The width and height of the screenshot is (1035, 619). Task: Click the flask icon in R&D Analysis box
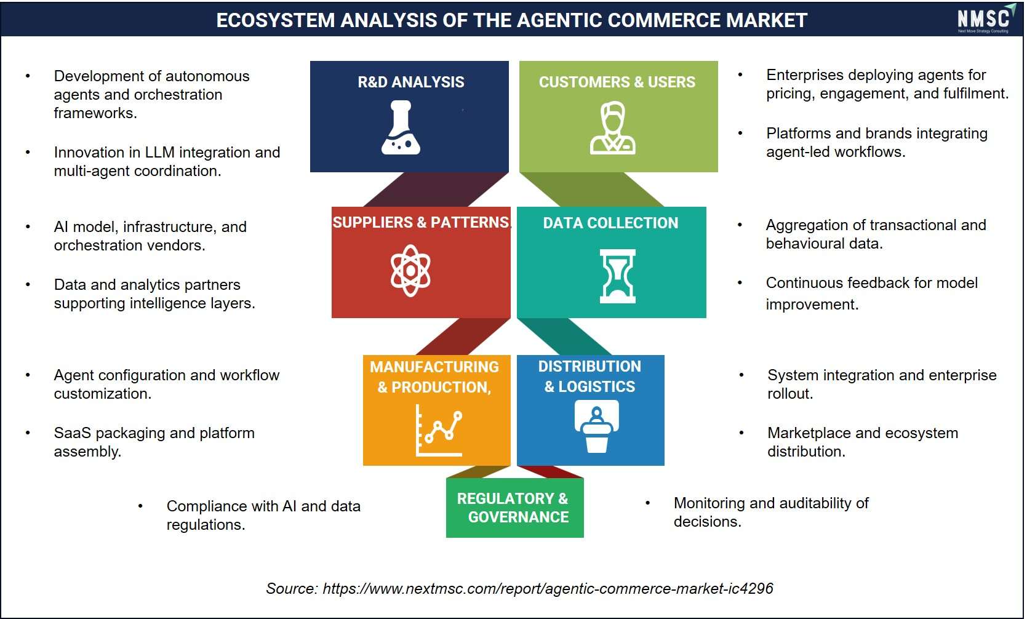click(x=401, y=127)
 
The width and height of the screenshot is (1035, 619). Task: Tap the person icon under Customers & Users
click(x=613, y=127)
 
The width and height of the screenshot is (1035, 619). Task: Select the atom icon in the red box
click(x=410, y=270)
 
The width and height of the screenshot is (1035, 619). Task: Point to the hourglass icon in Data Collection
click(x=617, y=276)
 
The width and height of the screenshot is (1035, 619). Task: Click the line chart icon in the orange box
click(x=439, y=431)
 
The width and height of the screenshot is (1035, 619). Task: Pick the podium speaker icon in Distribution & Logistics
click(x=596, y=426)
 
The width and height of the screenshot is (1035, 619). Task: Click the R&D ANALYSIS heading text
click(x=411, y=82)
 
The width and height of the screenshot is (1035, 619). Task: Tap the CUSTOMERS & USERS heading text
click(x=617, y=82)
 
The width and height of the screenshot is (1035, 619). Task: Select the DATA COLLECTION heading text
click(x=610, y=223)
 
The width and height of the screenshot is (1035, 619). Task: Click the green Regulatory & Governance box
click(x=514, y=508)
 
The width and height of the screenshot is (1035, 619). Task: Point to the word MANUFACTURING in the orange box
click(x=434, y=367)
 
